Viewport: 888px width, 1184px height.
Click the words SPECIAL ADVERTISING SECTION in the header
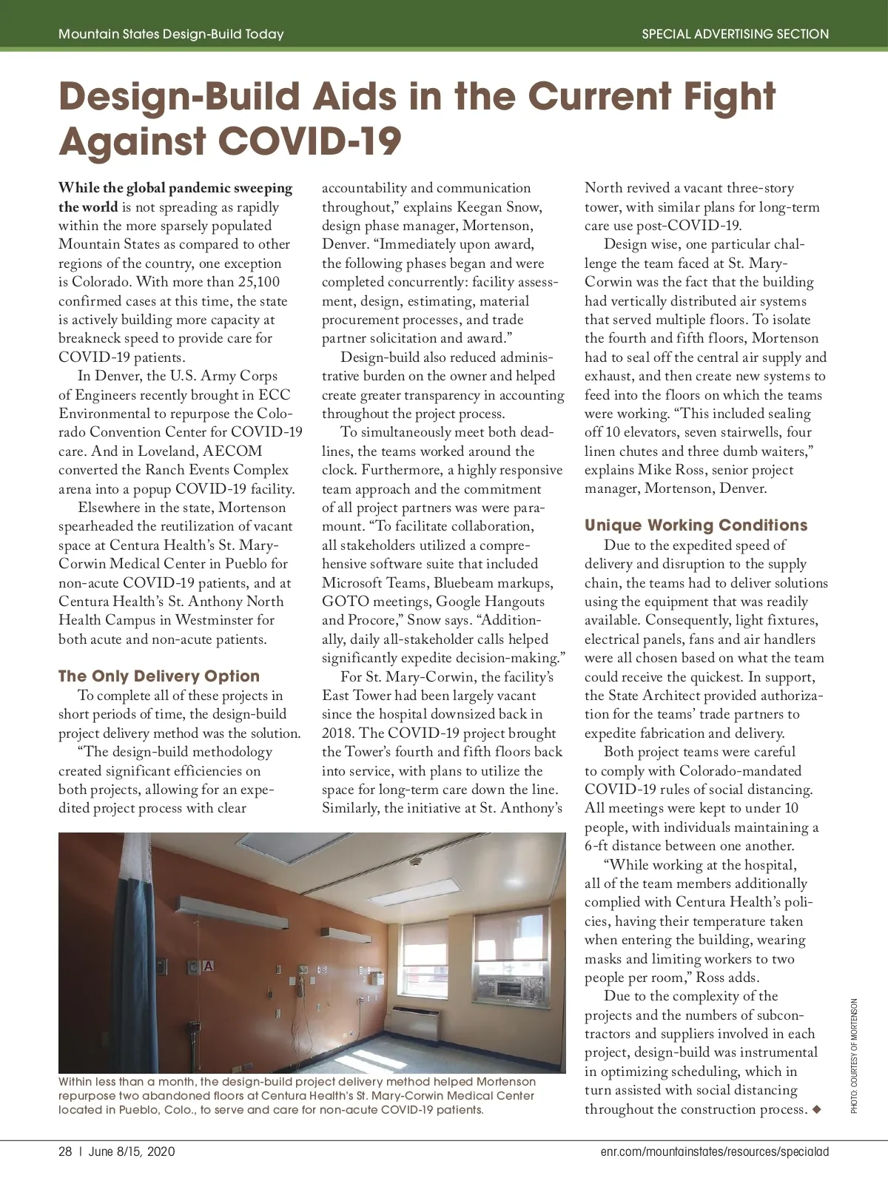735,34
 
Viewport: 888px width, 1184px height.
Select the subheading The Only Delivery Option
159,676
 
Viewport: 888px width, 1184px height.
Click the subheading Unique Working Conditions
696,525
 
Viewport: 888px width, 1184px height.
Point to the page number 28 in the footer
65,1151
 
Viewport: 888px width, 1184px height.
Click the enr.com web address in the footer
715,1151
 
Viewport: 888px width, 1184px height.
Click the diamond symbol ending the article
816,1109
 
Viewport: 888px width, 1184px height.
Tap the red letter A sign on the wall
208,966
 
